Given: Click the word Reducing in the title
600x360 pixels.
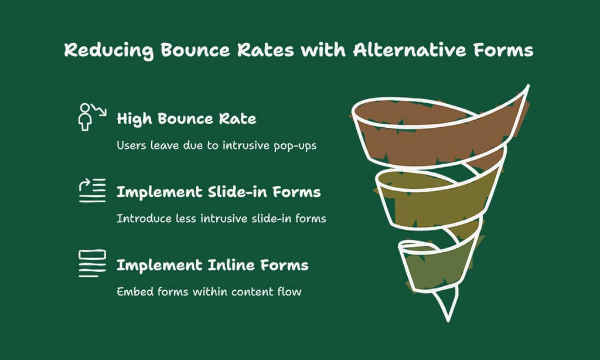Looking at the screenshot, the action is point(109,50).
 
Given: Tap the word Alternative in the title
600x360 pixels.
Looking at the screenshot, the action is point(410,50).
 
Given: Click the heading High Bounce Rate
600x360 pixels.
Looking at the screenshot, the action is point(186,118).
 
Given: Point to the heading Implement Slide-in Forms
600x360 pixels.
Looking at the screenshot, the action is point(219,192).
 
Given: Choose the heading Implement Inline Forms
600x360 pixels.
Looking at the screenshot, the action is point(212,265).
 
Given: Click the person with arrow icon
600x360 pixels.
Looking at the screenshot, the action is point(92,117).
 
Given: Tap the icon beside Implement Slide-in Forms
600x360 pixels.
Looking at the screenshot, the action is point(92,191).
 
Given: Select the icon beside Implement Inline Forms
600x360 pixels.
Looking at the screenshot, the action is point(92,263).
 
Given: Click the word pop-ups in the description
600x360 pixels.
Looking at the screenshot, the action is point(295,146).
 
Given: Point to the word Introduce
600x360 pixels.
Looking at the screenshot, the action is point(144,219).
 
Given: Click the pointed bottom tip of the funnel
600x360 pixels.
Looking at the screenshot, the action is point(448,321).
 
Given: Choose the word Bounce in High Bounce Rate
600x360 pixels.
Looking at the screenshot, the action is point(185,118).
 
